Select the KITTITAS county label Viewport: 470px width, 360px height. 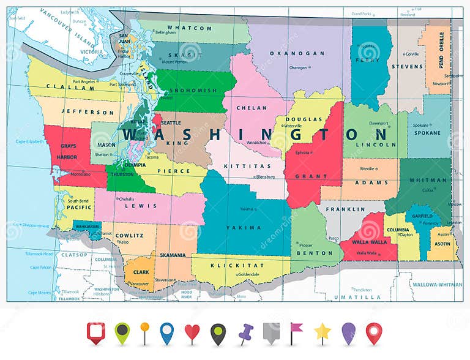click(244, 166)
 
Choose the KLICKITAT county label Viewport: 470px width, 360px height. click(228, 265)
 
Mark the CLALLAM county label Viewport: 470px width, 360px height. click(62, 88)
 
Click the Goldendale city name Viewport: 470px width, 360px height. click(248, 274)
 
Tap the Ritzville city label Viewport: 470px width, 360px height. click(367, 168)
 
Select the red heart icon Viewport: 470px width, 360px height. click(192, 333)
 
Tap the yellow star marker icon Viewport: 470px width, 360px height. click(323, 332)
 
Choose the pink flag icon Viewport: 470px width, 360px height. click(296, 332)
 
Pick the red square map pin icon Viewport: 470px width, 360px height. click(96, 332)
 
